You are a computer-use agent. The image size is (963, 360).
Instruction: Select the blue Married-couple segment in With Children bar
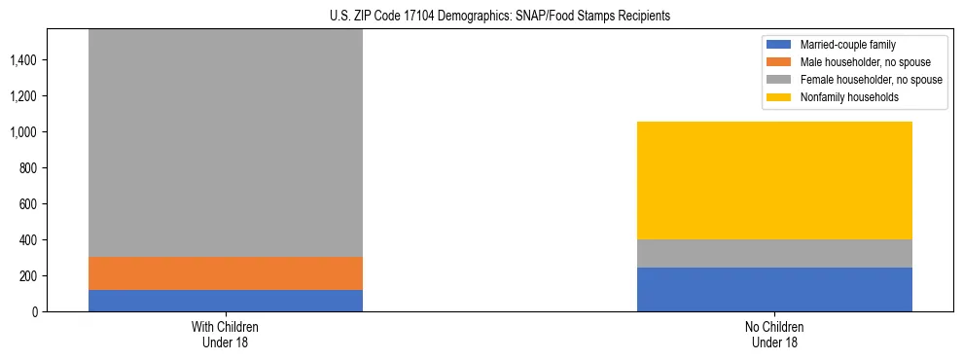pyautogui.click(x=226, y=301)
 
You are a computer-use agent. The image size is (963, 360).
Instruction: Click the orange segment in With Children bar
pyautogui.click(x=226, y=273)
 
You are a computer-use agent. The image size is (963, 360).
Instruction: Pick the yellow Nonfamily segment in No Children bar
pyautogui.click(x=774, y=180)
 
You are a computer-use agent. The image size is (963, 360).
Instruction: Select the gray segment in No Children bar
pyautogui.click(x=774, y=253)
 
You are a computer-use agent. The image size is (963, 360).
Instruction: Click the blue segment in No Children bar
pyautogui.click(x=774, y=289)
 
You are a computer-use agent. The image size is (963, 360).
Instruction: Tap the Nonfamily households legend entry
pyautogui.click(x=841, y=97)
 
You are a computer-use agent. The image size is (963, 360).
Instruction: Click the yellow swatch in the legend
pyautogui.click(x=780, y=97)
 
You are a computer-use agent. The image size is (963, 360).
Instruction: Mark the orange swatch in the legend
pyautogui.click(x=780, y=62)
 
